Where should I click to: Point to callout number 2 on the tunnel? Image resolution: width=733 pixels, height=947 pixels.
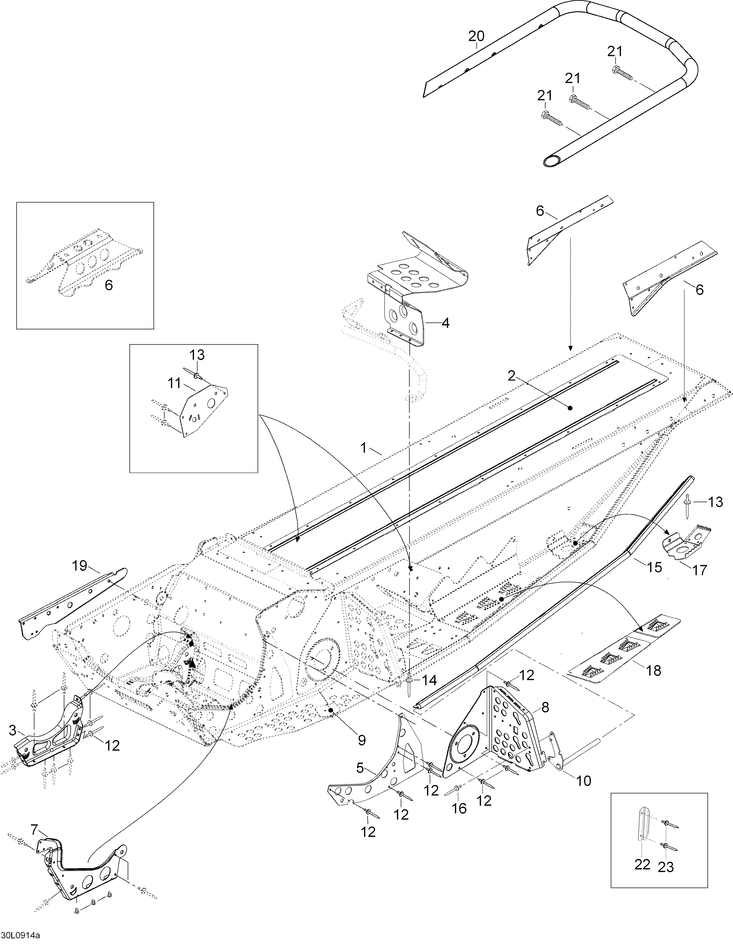512,375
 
